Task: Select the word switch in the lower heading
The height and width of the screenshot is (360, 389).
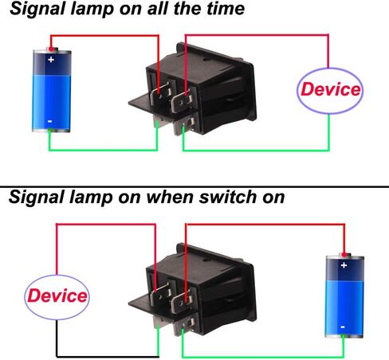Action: pyautogui.click(x=228, y=197)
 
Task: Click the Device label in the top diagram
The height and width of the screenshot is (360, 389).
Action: pyautogui.click(x=331, y=89)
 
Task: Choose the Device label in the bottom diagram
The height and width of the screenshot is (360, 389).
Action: pyautogui.click(x=57, y=295)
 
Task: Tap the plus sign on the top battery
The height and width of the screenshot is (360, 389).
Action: pyautogui.click(x=51, y=60)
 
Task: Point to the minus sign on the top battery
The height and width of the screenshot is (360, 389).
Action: pyautogui.click(x=49, y=122)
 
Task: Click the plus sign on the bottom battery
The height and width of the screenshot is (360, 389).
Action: pyautogui.click(x=344, y=265)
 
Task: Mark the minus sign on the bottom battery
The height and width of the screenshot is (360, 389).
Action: pyautogui.click(x=343, y=327)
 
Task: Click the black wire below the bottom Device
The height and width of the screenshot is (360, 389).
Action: pyautogui.click(x=108, y=356)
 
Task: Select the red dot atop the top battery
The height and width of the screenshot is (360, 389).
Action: pyautogui.click(x=51, y=49)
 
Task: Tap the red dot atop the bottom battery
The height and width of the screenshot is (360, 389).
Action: pyautogui.click(x=344, y=255)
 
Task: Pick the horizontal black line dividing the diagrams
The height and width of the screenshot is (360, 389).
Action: pyautogui.click(x=194, y=187)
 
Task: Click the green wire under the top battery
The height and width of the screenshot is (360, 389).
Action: pyautogui.click(x=103, y=151)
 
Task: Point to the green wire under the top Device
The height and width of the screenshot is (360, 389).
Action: pyautogui.click(x=256, y=151)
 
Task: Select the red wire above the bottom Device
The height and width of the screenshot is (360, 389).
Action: pyautogui.click(x=106, y=225)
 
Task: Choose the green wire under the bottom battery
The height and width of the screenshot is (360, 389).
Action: pyautogui.click(x=263, y=357)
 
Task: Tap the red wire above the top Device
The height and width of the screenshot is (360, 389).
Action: pyautogui.click(x=257, y=35)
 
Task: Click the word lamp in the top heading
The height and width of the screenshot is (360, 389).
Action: pyautogui.click(x=92, y=10)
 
